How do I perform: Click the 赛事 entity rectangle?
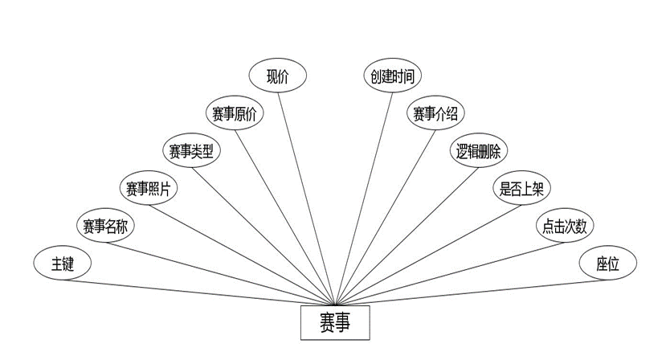coord(335,323)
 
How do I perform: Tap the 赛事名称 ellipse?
coord(105,226)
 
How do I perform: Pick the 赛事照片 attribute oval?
coord(149,188)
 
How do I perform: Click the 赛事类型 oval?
coord(191,150)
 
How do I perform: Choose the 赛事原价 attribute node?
coord(234,113)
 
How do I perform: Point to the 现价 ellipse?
coord(277,76)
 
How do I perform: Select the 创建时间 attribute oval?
coord(393,76)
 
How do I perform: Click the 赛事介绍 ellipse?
coord(435,113)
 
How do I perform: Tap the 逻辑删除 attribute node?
coord(479,150)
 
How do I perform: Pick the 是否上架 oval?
coord(521,188)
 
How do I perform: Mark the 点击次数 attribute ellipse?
coord(564,226)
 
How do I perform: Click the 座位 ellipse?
coord(607,264)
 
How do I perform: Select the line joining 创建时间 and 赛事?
coord(364,193)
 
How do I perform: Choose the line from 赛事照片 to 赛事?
coord(241,247)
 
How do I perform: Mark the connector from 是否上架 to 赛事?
coord(426,249)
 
